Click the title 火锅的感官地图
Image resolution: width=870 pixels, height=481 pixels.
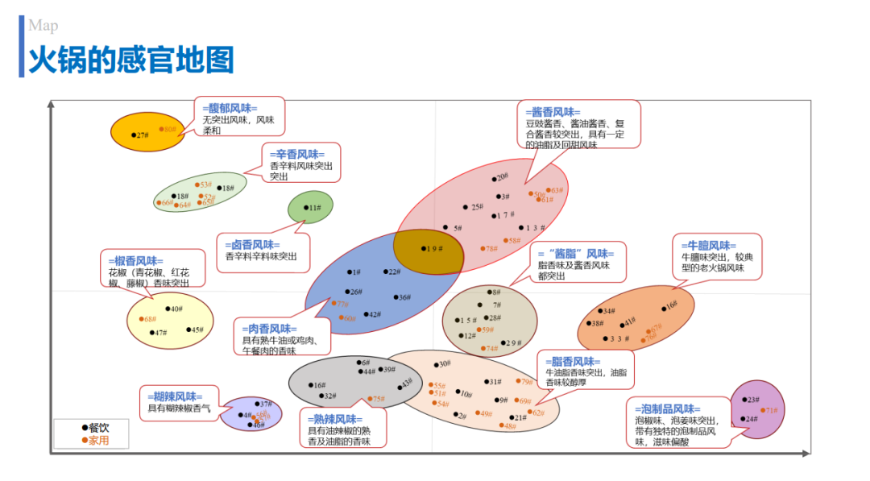[x=131, y=60]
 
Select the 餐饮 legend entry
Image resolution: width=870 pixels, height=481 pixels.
[x=95, y=428]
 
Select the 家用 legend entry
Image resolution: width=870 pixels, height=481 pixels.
[x=95, y=440]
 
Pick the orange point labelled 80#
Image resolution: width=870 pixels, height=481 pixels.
[x=160, y=129]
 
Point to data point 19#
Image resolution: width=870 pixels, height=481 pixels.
[x=424, y=249]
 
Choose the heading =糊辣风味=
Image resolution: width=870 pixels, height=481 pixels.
[x=175, y=396]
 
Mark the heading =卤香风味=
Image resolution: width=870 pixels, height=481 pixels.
[x=252, y=245]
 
